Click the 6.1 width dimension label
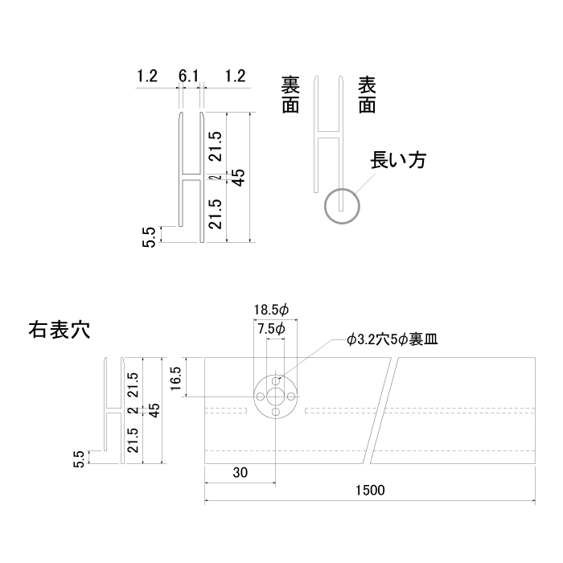point(188,76)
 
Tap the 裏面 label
point(290,95)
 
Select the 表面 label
point(367,95)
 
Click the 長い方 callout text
point(398,160)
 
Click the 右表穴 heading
point(60,330)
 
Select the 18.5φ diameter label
point(272,310)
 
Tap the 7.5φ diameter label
point(272,328)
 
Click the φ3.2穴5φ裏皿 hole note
point(392,339)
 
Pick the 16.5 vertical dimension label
point(175,379)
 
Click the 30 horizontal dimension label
point(240,473)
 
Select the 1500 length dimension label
point(370,490)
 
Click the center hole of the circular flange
point(275,397)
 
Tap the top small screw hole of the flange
point(275,380)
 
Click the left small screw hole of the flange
point(260,397)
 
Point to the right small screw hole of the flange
point(291,397)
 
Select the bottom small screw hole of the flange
point(275,412)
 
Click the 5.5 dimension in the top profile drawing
point(149,237)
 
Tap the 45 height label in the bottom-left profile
point(154,410)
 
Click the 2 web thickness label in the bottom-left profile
point(133,409)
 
